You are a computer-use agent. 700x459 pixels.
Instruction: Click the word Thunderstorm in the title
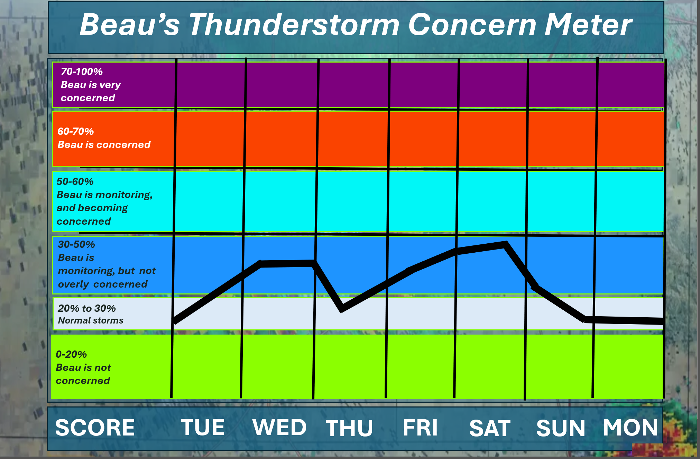click(x=294, y=25)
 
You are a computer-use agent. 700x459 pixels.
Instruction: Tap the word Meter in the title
click(x=588, y=25)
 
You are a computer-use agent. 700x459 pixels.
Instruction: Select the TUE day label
click(x=203, y=427)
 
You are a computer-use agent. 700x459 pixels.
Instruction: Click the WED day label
click(x=279, y=427)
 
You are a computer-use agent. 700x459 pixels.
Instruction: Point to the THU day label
click(x=349, y=428)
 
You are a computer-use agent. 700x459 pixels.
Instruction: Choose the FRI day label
click(x=420, y=428)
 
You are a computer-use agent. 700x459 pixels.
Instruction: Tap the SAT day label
click(x=490, y=428)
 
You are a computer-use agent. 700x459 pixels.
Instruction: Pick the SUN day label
click(x=561, y=428)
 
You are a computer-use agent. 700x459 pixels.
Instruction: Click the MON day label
click(x=630, y=428)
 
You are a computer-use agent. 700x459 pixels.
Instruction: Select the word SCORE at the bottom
click(x=95, y=428)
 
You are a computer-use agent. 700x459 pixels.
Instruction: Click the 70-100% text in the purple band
click(x=82, y=72)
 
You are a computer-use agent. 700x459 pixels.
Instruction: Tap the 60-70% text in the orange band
click(x=75, y=131)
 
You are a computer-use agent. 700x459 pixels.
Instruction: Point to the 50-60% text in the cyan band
click(x=75, y=181)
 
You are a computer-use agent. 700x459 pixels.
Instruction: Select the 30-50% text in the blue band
click(x=76, y=244)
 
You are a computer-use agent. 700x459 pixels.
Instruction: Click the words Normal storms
click(x=91, y=320)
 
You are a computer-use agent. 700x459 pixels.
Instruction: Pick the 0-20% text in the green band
click(x=71, y=354)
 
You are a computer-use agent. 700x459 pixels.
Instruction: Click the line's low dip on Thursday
click(x=342, y=309)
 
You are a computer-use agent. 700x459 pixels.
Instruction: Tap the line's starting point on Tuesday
click(x=175, y=321)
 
